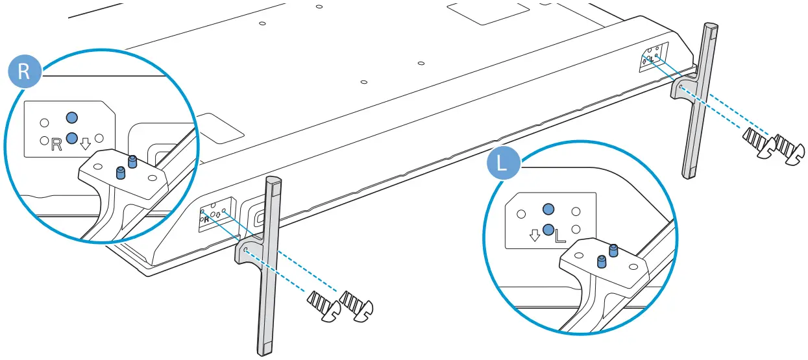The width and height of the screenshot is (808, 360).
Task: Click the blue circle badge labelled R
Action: coord(24,71)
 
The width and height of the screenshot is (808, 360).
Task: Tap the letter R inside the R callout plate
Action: coord(56,144)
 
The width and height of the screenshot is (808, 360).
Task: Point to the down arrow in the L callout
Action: coord(535,234)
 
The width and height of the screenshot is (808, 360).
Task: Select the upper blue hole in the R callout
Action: coord(71,117)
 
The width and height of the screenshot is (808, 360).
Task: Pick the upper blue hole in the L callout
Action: coord(548,209)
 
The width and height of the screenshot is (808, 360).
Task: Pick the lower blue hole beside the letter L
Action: coord(548,229)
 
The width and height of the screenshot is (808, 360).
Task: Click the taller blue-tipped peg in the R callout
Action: coord(132,161)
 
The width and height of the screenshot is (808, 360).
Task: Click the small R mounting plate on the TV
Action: coord(214,215)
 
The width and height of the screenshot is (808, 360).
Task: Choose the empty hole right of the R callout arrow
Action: coord(99,138)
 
